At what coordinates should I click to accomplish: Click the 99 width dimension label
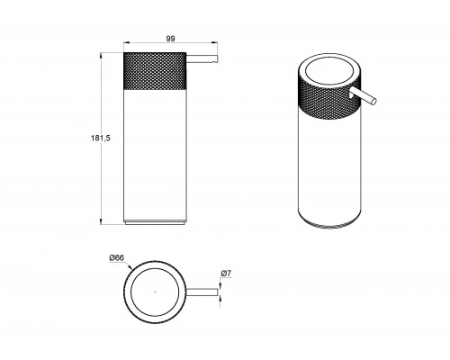coord(170,39)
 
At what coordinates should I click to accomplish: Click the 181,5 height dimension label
coord(101,138)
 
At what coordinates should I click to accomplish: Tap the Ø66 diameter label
coord(117,257)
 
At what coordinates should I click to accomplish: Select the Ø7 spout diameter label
coord(226,274)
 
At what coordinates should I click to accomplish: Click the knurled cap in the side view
coord(155,71)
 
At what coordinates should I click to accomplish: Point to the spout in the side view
coord(202,59)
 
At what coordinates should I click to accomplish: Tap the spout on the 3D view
coord(363,96)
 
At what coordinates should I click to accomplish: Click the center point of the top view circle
coord(155,292)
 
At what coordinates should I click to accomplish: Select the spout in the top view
coord(202,292)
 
